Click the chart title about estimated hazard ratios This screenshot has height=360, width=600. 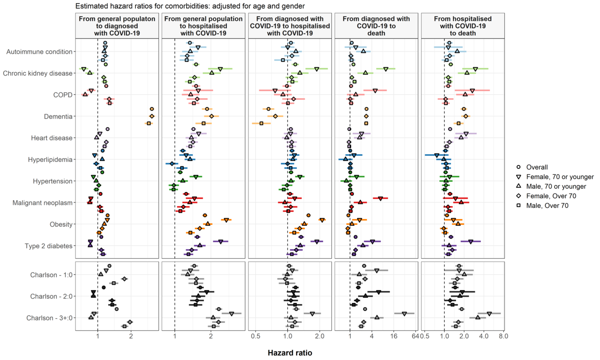(x=190, y=6)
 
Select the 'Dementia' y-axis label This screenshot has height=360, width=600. (x=60, y=116)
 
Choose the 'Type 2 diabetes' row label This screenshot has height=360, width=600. (x=49, y=246)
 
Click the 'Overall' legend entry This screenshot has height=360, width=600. (x=537, y=167)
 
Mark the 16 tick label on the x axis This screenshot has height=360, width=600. (x=394, y=336)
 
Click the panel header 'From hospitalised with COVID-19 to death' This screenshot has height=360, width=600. (x=463, y=26)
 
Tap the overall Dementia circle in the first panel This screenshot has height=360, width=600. (x=151, y=109)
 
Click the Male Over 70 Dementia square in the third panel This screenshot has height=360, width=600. (x=261, y=123)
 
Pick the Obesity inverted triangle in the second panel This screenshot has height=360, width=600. (x=226, y=220)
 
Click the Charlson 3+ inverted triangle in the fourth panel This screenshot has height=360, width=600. (x=404, y=314)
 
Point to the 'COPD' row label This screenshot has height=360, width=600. (x=63, y=95)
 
